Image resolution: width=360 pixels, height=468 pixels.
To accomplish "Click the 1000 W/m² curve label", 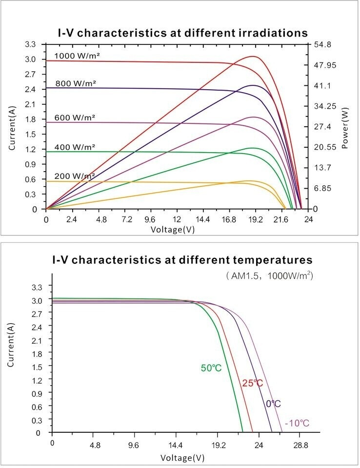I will [77, 56].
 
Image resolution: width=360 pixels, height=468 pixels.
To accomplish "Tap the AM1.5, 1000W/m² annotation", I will [269, 276].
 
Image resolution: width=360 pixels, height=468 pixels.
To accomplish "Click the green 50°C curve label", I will [211, 368].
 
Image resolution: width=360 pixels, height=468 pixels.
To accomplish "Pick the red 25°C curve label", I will [252, 383].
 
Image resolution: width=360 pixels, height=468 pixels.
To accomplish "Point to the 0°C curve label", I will [273, 404].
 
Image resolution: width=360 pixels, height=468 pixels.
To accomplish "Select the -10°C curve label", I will [297, 422].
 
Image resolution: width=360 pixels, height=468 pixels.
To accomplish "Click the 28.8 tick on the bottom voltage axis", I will [300, 445].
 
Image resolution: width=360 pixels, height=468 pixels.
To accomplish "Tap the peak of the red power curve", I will [253, 56].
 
